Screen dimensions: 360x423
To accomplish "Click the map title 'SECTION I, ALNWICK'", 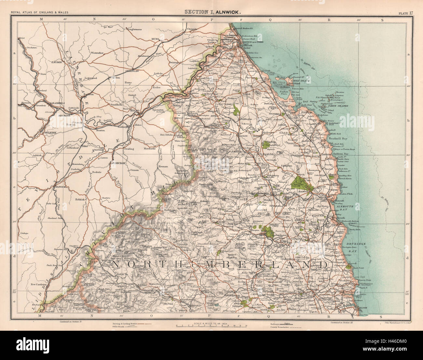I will (213, 11).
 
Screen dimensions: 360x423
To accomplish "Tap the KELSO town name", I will (134, 111).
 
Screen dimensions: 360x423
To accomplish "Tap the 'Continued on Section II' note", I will (72, 322).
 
